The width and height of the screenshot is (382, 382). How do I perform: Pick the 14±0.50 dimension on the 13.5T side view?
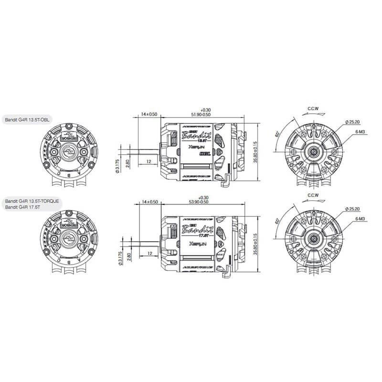click(x=149, y=115)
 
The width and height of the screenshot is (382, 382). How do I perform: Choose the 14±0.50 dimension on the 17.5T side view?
click(x=149, y=202)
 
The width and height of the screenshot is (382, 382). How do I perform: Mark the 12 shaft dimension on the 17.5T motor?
click(x=149, y=253)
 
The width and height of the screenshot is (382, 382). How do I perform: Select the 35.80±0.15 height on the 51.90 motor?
click(x=256, y=152)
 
